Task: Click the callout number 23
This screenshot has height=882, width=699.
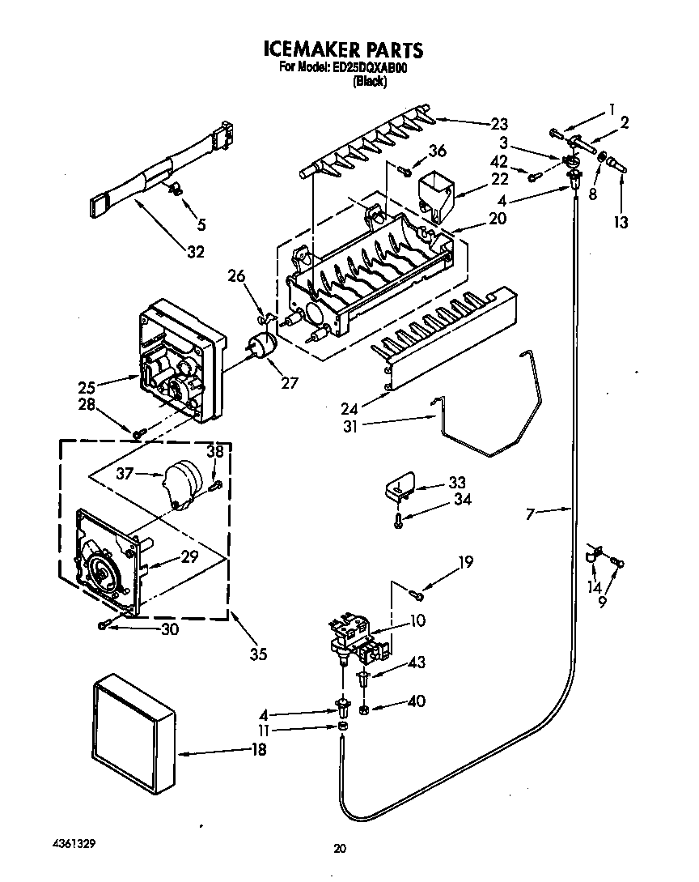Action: (x=499, y=124)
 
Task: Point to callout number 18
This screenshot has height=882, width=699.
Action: (x=258, y=750)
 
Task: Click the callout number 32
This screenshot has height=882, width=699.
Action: (x=196, y=252)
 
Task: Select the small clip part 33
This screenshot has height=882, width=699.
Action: (x=400, y=488)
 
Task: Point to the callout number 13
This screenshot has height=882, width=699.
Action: (x=621, y=223)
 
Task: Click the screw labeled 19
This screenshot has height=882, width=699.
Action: (x=418, y=597)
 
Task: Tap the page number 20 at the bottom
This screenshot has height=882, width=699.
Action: (x=340, y=849)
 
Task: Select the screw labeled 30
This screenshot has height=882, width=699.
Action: (x=104, y=624)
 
